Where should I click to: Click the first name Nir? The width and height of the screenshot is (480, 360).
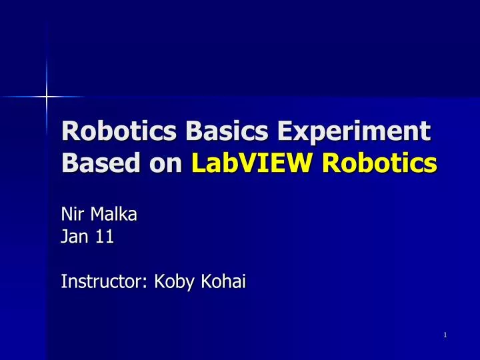click(71, 215)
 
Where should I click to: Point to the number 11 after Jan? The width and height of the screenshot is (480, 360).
click(104, 237)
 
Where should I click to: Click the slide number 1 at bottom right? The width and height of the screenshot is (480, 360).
click(444, 334)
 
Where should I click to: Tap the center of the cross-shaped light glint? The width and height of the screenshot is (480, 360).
click(47, 97)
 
